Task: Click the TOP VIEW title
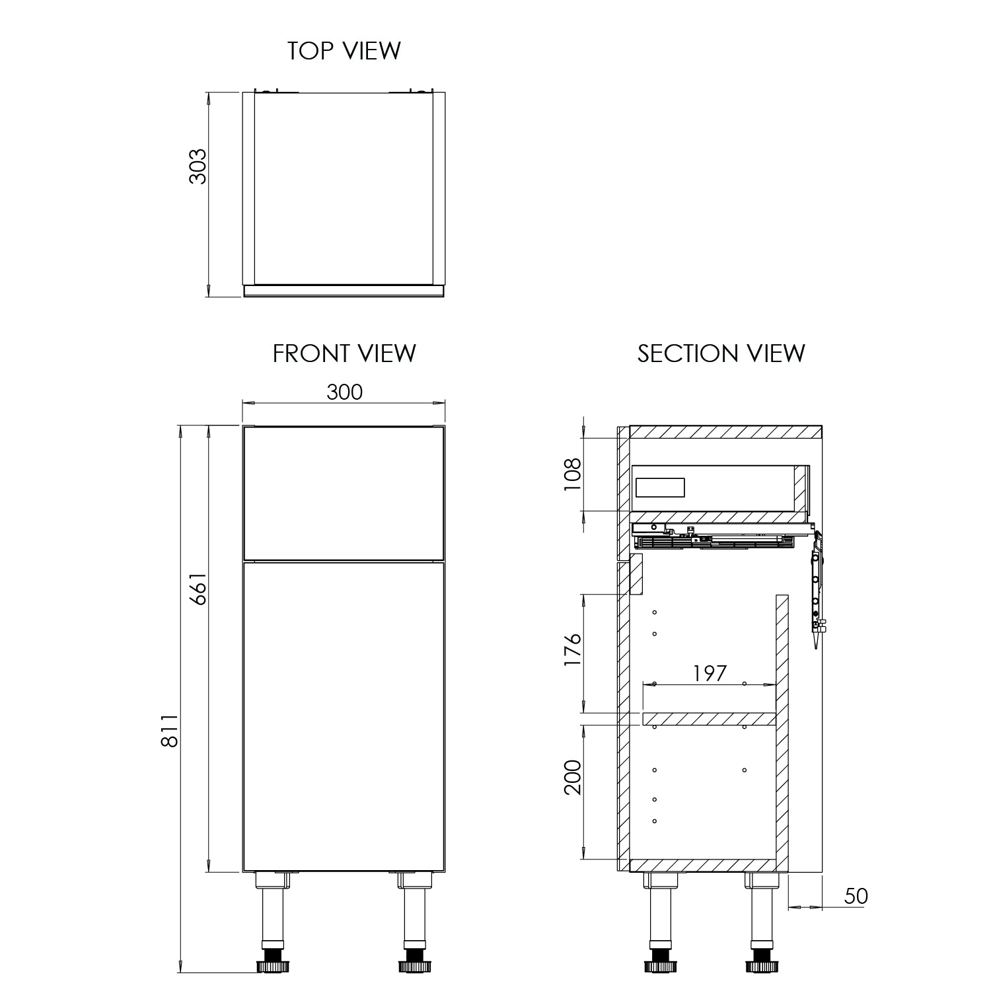point(344,51)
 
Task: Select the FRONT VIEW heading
point(344,353)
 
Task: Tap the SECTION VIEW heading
point(721,353)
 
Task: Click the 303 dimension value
point(198,166)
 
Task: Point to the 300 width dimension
point(345,392)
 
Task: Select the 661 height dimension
point(198,589)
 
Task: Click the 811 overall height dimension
point(170,730)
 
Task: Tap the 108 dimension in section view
point(572,474)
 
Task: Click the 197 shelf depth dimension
point(710,673)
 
